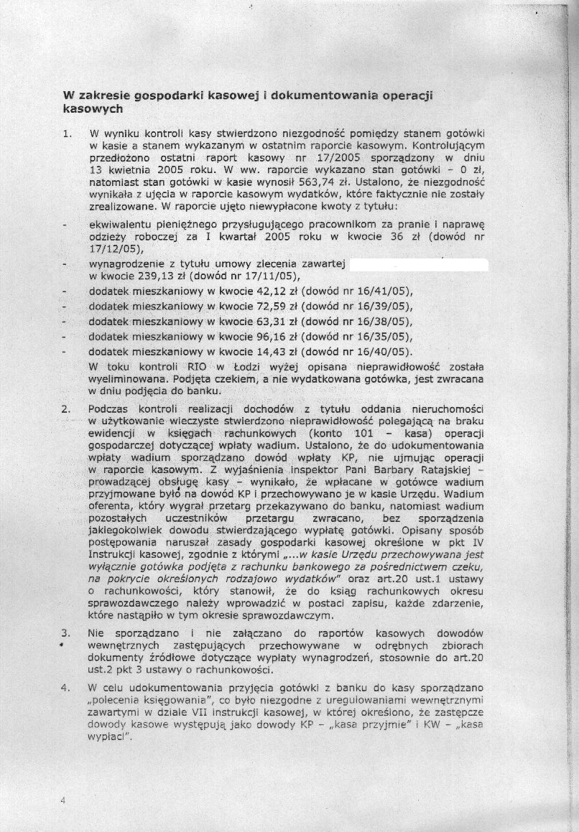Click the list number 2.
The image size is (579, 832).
click(65, 408)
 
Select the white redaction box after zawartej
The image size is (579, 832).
click(418, 264)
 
